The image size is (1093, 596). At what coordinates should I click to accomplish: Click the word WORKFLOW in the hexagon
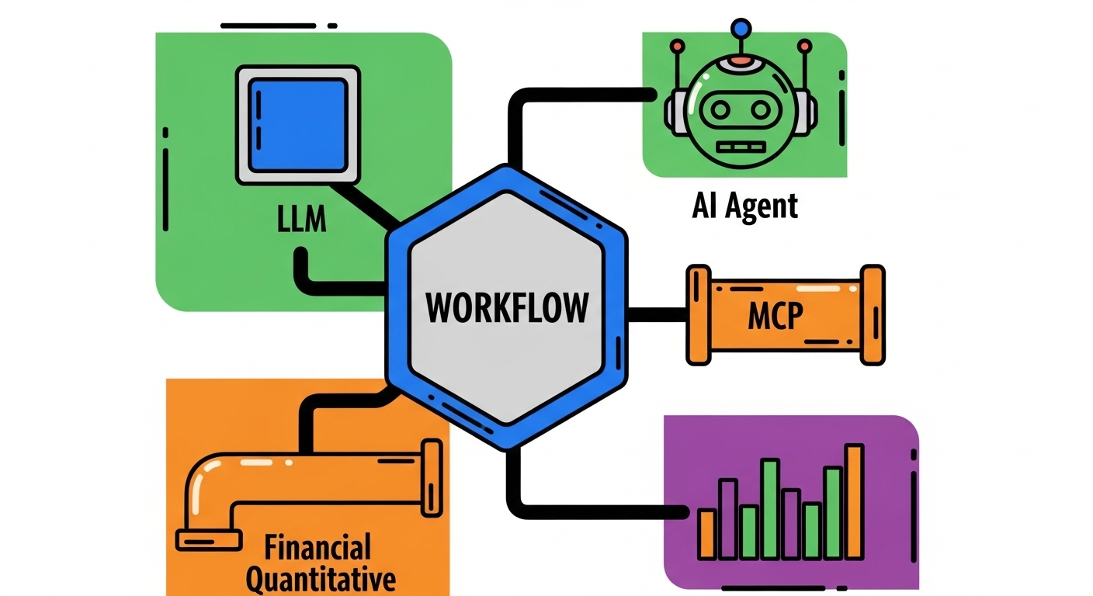[506, 307]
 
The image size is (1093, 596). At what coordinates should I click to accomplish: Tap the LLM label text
[302, 220]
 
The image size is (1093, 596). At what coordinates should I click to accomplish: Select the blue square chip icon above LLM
[299, 125]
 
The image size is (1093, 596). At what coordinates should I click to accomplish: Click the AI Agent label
[744, 206]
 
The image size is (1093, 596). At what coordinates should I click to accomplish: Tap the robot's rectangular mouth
[741, 146]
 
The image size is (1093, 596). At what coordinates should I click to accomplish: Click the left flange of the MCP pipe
[698, 314]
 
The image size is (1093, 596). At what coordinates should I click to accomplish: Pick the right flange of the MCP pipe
[873, 314]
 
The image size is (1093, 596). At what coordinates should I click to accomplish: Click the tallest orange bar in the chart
[854, 501]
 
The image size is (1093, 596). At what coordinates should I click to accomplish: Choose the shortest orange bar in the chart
[707, 533]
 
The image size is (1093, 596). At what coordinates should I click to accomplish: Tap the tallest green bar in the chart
[770, 508]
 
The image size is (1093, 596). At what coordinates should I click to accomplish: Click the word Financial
[318, 548]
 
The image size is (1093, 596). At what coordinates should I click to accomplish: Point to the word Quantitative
[321, 579]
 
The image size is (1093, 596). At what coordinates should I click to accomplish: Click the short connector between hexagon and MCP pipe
[657, 314]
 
